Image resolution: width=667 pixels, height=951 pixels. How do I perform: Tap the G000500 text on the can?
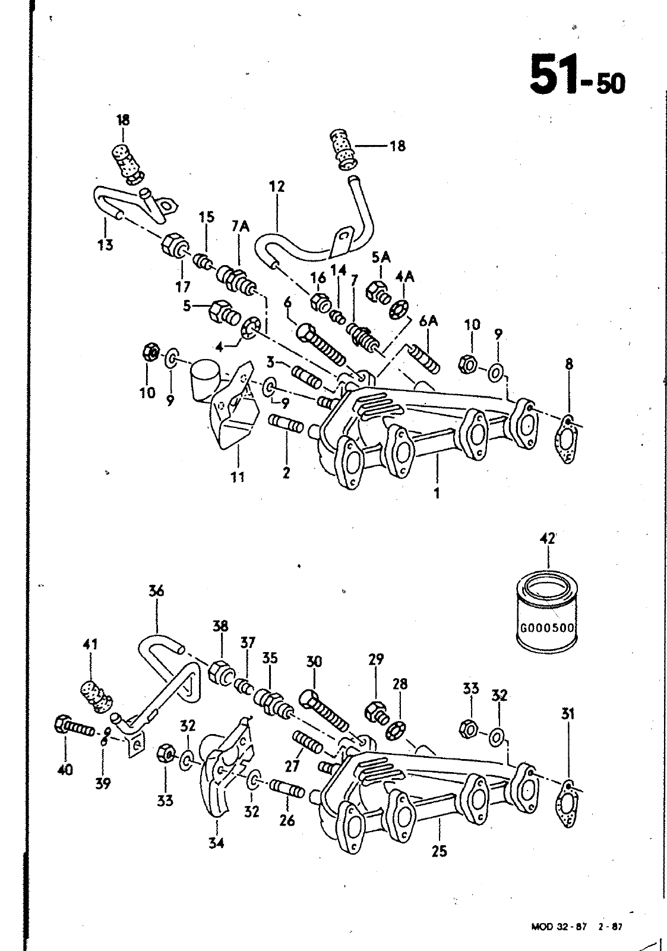(546, 628)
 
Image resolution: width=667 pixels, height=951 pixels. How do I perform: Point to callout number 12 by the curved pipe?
(277, 187)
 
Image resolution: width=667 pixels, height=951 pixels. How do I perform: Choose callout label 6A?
(428, 322)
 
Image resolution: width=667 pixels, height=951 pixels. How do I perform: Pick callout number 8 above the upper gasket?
(569, 364)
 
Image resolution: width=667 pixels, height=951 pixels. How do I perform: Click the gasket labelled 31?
(567, 802)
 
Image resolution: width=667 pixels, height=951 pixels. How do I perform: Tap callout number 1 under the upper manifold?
(437, 493)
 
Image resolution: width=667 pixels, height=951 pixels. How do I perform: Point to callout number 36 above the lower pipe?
(156, 591)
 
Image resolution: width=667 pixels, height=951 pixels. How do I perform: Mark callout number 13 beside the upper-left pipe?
(105, 245)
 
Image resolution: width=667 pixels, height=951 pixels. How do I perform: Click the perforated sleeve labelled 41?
(96, 698)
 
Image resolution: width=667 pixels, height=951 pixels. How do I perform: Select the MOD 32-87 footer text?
(559, 925)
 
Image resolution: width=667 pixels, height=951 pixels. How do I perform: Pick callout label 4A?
(404, 277)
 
